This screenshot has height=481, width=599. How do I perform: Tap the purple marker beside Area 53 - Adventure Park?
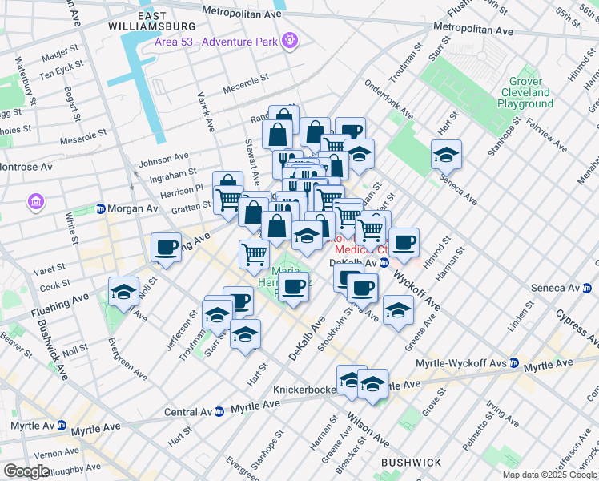(289, 38)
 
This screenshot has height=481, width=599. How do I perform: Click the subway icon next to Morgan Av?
(100, 208)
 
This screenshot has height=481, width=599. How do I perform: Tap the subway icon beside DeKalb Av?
(384, 262)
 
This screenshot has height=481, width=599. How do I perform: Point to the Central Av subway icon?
(219, 412)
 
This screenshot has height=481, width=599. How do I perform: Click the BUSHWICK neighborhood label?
(411, 463)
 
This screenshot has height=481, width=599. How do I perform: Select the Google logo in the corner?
(26, 471)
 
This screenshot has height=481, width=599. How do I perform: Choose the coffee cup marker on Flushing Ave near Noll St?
(166, 247)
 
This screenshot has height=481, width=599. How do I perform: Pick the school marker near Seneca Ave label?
(447, 154)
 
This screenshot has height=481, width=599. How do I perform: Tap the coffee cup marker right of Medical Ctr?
(404, 240)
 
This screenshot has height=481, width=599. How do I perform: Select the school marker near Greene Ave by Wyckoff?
(398, 310)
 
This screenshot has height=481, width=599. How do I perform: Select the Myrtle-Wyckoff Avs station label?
(460, 364)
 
